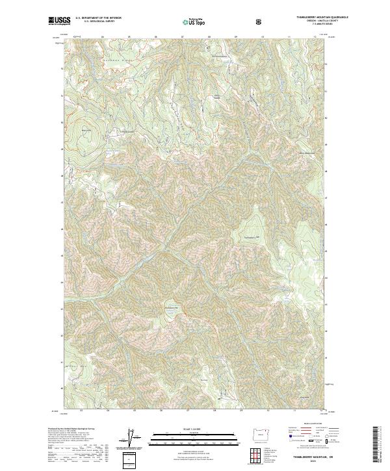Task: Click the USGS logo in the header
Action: point(60,21)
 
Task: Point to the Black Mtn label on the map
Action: point(86,129)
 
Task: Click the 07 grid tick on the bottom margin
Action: point(187,411)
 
